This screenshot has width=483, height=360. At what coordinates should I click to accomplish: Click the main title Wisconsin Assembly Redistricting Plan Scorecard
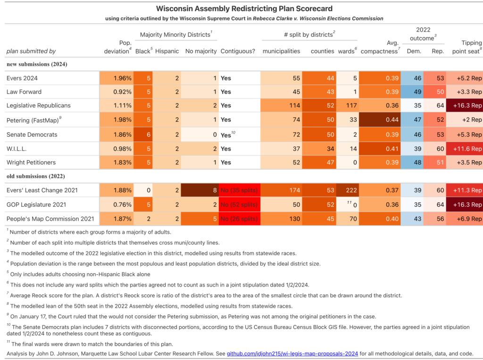point(244,8)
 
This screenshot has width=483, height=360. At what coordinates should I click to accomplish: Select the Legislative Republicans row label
point(39,106)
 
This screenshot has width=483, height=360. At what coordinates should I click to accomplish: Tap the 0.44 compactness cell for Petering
point(379,120)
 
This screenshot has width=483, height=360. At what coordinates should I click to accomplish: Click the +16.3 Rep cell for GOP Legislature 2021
point(465,205)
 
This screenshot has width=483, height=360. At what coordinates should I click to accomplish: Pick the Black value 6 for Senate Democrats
point(143,134)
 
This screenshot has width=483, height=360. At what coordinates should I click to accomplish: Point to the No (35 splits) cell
point(240,190)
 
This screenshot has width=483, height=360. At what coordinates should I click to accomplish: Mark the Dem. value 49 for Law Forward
point(412,92)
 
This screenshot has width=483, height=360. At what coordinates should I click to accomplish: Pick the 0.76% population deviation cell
point(117,205)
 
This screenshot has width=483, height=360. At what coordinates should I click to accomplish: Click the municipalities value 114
point(281,106)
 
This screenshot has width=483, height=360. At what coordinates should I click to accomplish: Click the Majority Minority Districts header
point(176,34)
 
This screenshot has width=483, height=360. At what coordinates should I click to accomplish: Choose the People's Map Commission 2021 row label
point(50,219)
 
